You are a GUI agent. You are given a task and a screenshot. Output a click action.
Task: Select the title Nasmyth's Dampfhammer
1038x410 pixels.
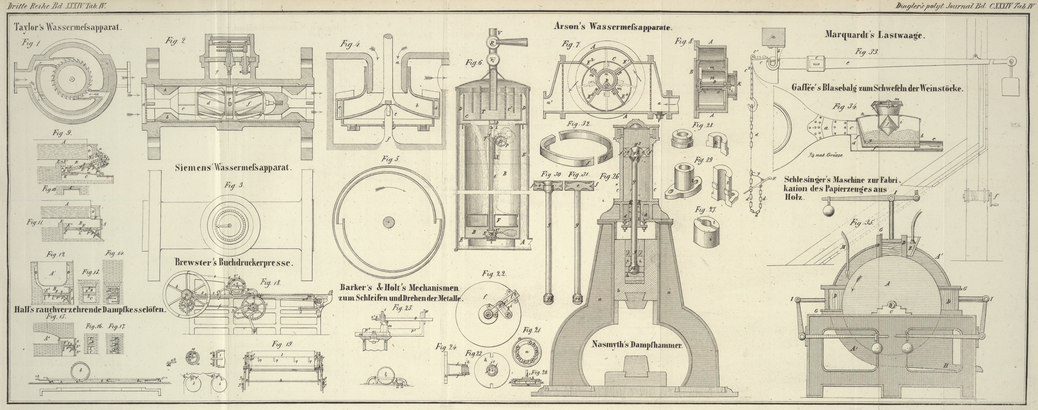click(x=636, y=345)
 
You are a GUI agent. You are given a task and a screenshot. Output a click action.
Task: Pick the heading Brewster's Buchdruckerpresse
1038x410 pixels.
click(x=233, y=263)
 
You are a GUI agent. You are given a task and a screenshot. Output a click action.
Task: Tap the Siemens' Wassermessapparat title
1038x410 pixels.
click(x=233, y=168)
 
